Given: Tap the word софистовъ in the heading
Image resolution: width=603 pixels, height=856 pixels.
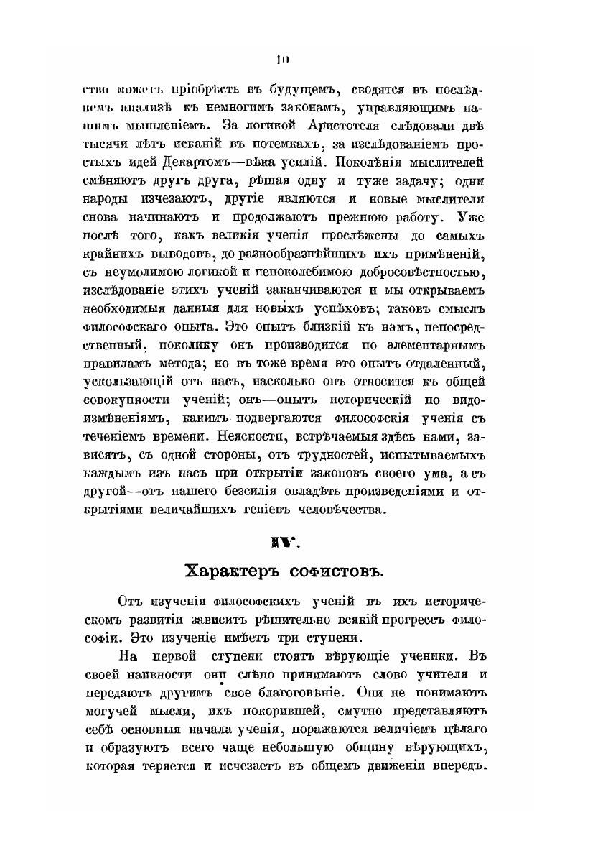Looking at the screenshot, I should (332, 573).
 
